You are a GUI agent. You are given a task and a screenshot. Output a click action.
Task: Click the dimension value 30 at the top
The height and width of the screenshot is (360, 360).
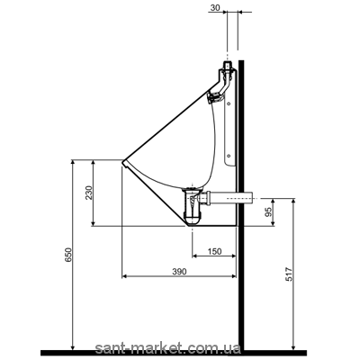[x=215, y=8]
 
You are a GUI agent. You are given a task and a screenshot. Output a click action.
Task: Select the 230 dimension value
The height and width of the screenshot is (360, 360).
[x=88, y=193]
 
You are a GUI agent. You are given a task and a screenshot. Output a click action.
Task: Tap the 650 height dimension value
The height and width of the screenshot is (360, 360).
[x=68, y=255]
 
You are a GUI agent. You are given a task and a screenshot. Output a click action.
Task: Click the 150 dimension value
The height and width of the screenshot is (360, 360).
[x=215, y=251]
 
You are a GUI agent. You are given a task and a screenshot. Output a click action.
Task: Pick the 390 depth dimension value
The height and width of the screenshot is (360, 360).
[x=179, y=272]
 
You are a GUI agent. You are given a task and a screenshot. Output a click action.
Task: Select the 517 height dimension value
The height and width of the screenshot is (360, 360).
[x=288, y=274]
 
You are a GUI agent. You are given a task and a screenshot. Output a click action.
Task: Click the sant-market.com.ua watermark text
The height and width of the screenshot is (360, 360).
[x=167, y=348]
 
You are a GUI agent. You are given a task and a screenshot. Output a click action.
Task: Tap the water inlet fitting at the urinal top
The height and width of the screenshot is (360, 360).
[x=228, y=66]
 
